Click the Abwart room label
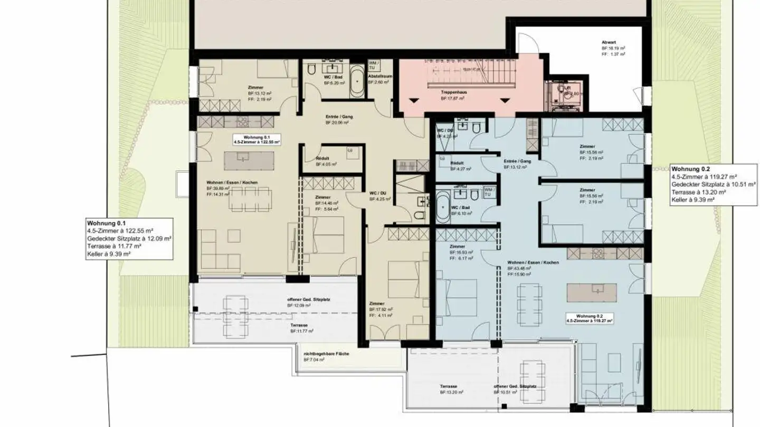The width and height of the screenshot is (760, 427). [x=608, y=43]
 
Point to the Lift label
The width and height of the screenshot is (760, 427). [x=567, y=88]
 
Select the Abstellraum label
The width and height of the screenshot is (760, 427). [x=379, y=76]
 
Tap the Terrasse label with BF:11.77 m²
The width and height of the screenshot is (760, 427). [x=299, y=325]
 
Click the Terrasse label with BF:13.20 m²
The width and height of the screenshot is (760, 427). [x=449, y=386]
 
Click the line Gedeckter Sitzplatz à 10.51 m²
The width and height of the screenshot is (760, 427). [x=714, y=185]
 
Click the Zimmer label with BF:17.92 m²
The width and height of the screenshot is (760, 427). [x=377, y=304]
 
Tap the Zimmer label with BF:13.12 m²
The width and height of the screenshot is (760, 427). [x=255, y=88]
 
